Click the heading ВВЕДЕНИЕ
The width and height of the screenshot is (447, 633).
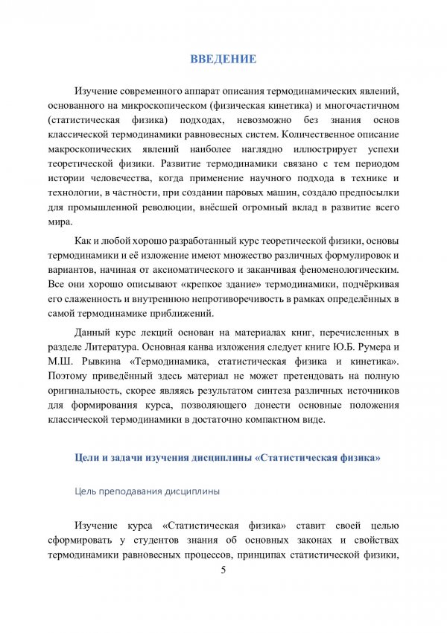pyautogui.click(x=223, y=59)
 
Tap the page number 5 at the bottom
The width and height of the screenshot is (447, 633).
pyautogui.click(x=223, y=571)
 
